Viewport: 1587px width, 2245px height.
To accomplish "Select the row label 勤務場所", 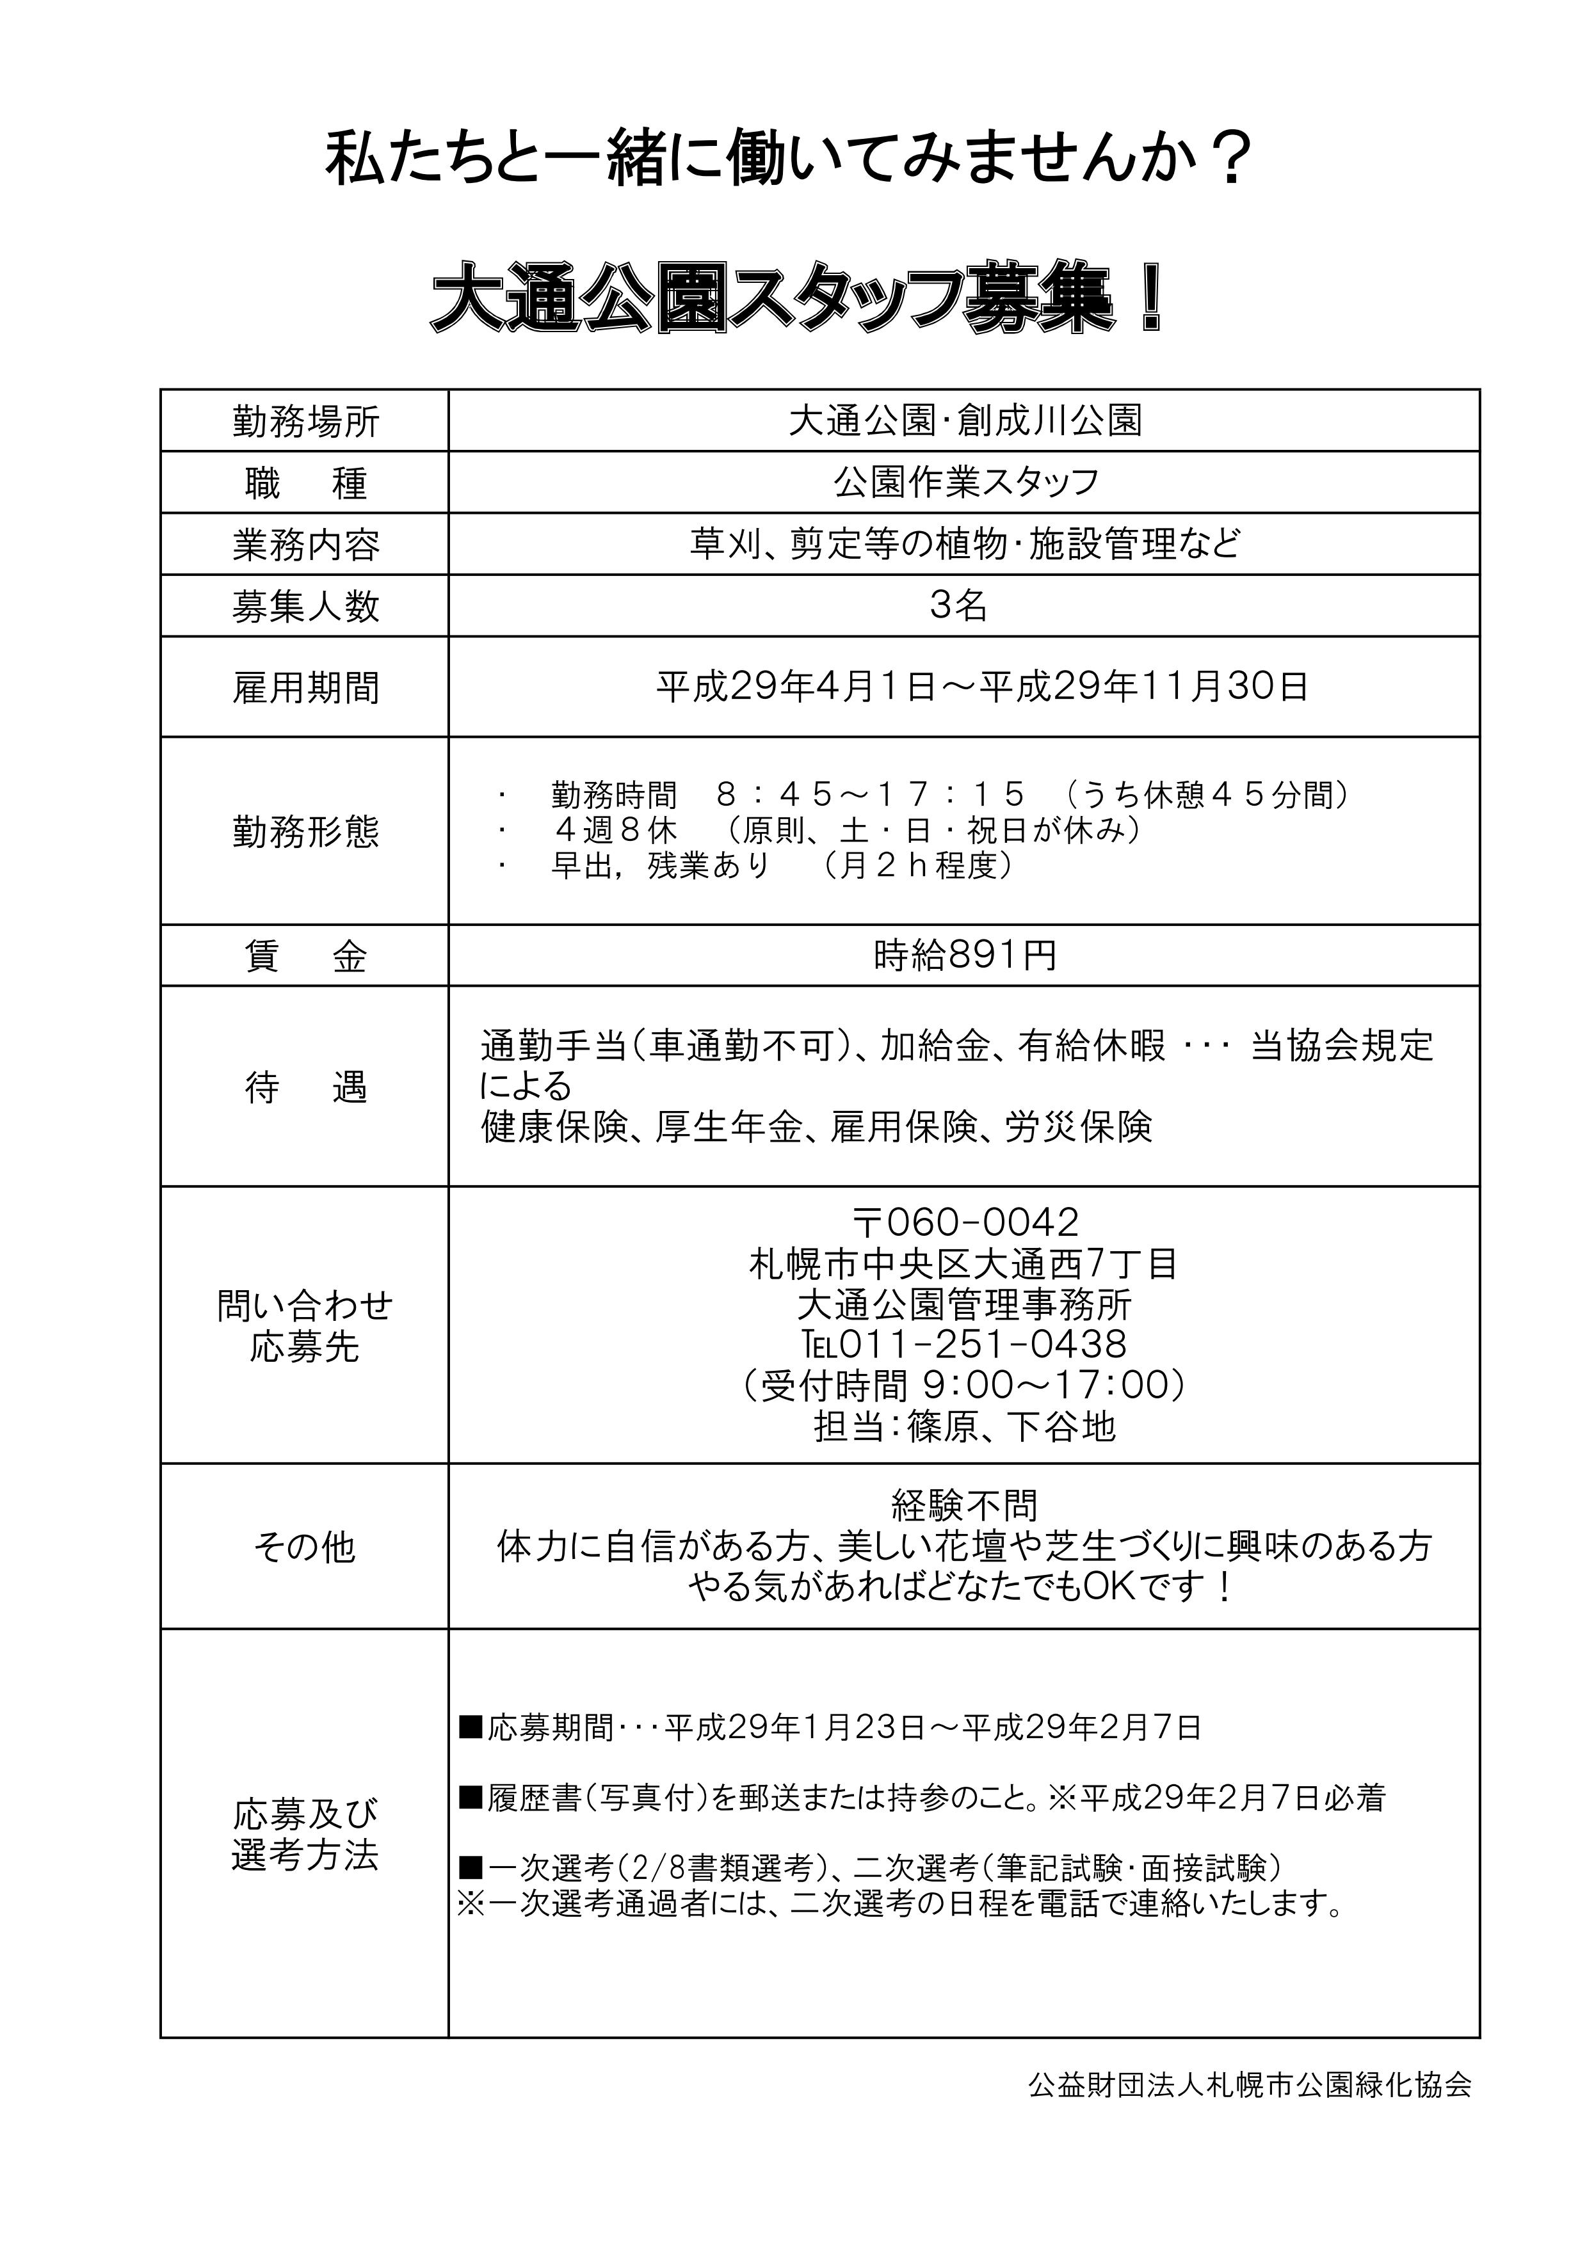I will point(305,422).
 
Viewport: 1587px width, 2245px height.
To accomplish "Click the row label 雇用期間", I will point(305,689).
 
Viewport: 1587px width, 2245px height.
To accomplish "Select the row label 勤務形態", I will point(305,832).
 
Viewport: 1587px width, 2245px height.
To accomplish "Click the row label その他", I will point(305,1547).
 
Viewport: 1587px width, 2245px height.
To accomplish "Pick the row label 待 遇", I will point(305,1087).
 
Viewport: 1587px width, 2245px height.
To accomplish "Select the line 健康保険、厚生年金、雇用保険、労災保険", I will point(816,1128).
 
